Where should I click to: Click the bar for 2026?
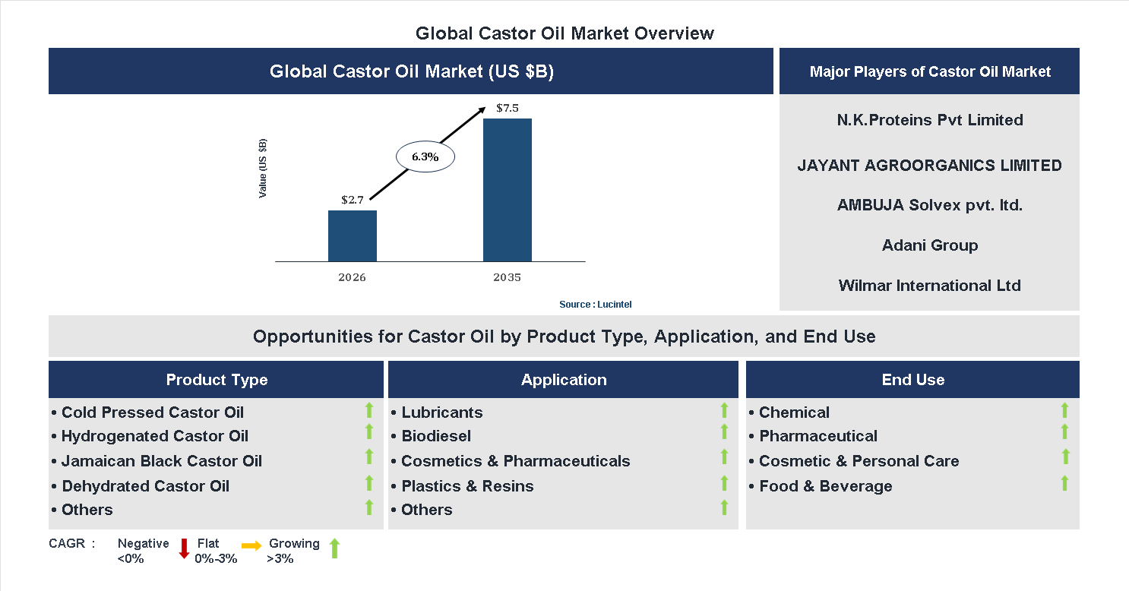[x=353, y=236]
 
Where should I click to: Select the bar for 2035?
[x=508, y=190]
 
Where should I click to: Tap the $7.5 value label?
[x=508, y=108]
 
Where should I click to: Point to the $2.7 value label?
[x=353, y=201]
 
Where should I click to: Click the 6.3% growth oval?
[x=425, y=157]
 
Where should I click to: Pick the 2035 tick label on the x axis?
[x=508, y=277]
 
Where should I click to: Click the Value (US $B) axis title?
[x=263, y=169]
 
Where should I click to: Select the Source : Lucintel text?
[x=596, y=304]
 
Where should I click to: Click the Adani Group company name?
[x=930, y=245]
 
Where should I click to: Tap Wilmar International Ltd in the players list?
[x=930, y=286]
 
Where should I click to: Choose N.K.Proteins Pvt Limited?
[x=930, y=120]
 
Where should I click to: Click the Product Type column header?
[x=217, y=380]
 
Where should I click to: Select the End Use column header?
[x=912, y=380]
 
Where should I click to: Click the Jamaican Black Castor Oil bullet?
[x=161, y=461]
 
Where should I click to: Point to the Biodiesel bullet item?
[x=435, y=436]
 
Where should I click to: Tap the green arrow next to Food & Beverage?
[x=1064, y=482]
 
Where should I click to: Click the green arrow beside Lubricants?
[x=724, y=410]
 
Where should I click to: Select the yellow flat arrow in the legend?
[x=251, y=545]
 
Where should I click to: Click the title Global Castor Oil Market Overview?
[x=564, y=33]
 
